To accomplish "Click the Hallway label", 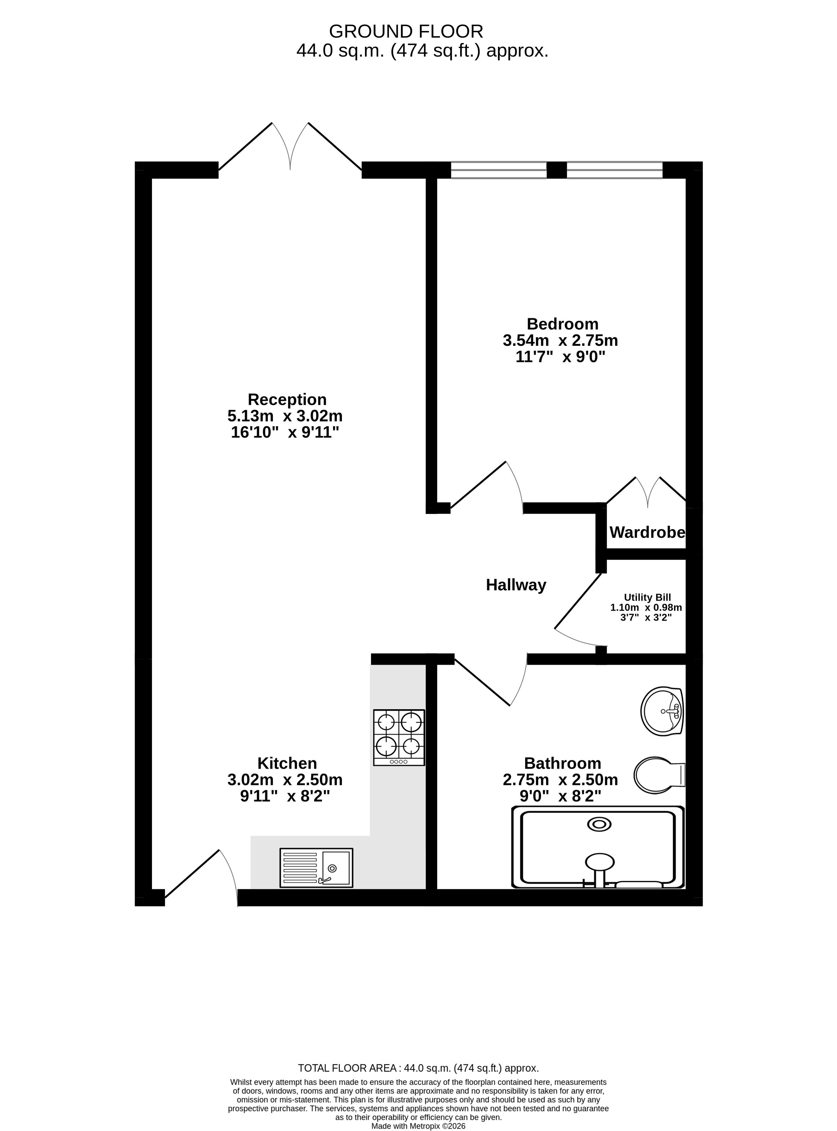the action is (516, 585).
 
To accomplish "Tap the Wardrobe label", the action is (647, 532).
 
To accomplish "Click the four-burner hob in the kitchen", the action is (399, 737).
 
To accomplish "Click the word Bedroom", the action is (562, 324).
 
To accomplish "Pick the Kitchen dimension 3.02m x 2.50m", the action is (285, 779).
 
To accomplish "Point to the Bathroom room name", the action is (562, 763).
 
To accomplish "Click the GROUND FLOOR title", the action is (406, 31).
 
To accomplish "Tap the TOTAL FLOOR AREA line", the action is (418, 1068).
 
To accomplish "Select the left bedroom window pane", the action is (499, 170).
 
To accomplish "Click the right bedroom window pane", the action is (614, 170).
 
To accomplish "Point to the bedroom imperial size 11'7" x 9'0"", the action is (560, 357).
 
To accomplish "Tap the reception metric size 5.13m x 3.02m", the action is (285, 416).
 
